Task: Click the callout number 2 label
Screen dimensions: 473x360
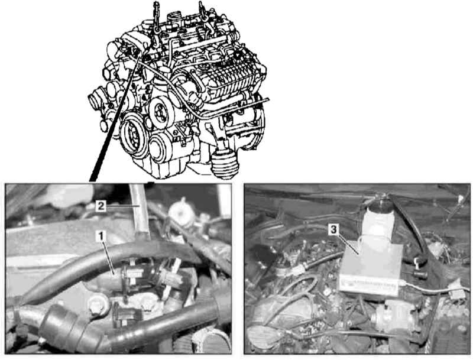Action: tap(101, 206)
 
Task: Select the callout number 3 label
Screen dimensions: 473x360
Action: tap(333, 229)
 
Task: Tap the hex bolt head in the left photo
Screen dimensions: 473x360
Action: tap(99, 305)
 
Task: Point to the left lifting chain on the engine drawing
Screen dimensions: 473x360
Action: tap(156, 17)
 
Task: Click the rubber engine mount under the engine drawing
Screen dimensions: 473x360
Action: tap(225, 164)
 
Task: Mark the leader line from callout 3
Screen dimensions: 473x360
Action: tap(348, 244)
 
